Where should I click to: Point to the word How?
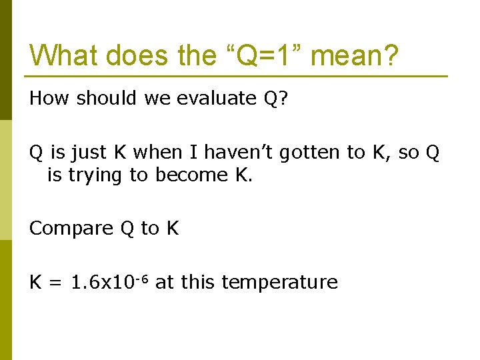coord(49,99)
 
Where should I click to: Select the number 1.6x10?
coord(102,283)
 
